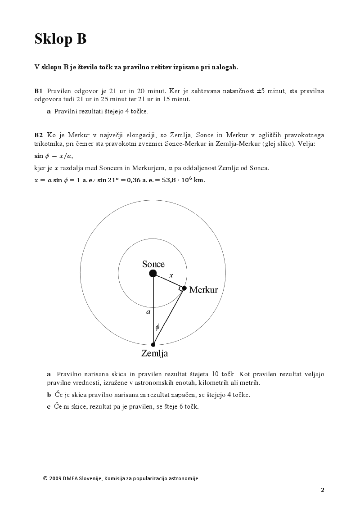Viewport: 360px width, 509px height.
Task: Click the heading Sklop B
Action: pos(60,40)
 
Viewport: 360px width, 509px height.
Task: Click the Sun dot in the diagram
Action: pos(153,273)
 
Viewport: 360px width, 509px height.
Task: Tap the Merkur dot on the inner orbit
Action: pos(184,288)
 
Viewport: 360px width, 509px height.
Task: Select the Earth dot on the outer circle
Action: pos(153,345)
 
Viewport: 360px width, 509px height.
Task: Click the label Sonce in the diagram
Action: pos(153,264)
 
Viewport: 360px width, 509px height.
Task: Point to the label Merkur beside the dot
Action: pos(203,290)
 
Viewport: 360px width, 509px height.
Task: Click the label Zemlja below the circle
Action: pos(154,353)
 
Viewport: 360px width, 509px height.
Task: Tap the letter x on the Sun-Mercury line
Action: pos(171,275)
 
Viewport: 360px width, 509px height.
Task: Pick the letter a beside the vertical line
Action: pos(148,311)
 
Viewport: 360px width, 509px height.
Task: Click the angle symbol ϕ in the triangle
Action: pos(157,327)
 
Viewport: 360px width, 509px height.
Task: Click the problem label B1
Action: pos(38,91)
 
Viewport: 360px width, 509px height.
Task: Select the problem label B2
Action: pos(38,135)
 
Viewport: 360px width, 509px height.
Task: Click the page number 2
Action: pos(323,490)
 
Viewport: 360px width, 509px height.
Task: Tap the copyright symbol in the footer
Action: pos(45,478)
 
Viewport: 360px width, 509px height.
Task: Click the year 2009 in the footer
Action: pos(56,478)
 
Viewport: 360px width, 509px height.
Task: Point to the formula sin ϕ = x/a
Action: pos(54,156)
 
